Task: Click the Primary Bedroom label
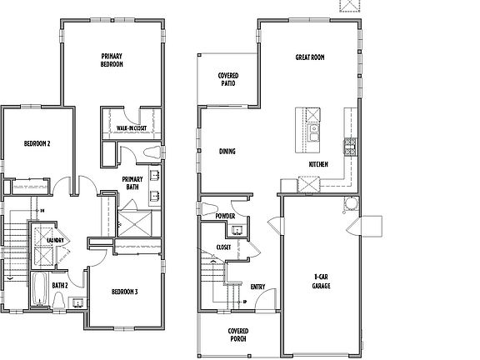[112, 60]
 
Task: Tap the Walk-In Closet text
[132, 127]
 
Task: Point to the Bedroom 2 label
[37, 143]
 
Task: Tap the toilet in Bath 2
[76, 302]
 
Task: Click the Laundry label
[56, 241]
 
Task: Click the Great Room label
[309, 58]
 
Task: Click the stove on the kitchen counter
[350, 148]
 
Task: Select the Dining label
[227, 152]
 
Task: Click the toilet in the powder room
[207, 208]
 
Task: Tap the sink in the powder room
[237, 229]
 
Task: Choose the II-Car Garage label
[321, 281]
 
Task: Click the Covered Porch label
[238, 335]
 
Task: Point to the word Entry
[257, 287]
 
